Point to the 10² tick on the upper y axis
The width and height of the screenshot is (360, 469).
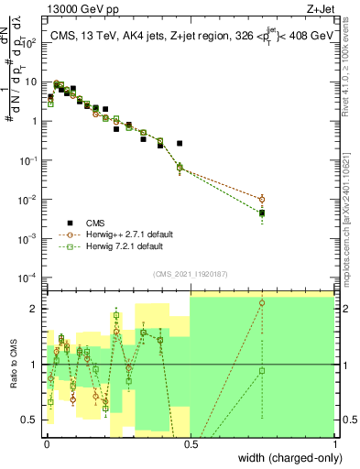pos(32,43)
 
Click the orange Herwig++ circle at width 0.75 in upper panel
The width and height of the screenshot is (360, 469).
pos(262,199)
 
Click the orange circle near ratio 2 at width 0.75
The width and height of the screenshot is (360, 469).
pos(262,303)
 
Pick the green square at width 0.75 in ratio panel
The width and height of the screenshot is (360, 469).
pos(262,371)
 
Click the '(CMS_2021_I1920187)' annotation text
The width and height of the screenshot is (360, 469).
pos(191,274)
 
